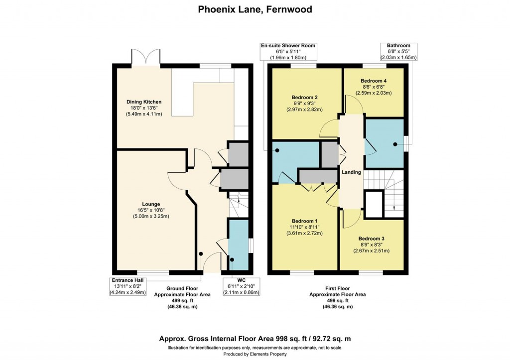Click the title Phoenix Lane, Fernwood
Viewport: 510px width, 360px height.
click(255, 9)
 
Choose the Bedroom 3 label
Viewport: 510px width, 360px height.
click(372, 244)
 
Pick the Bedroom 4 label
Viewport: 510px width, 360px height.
click(374, 86)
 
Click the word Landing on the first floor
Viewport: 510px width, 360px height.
click(351, 172)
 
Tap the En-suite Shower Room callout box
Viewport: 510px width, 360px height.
click(288, 52)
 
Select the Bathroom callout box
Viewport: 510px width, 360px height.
click(398, 52)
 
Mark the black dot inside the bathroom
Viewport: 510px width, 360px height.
click(395, 144)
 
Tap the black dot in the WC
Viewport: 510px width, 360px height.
click(232, 259)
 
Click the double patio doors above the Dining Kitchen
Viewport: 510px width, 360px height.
click(145, 57)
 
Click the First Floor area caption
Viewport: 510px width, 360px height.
click(338, 297)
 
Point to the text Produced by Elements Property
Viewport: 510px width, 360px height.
click(255, 354)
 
